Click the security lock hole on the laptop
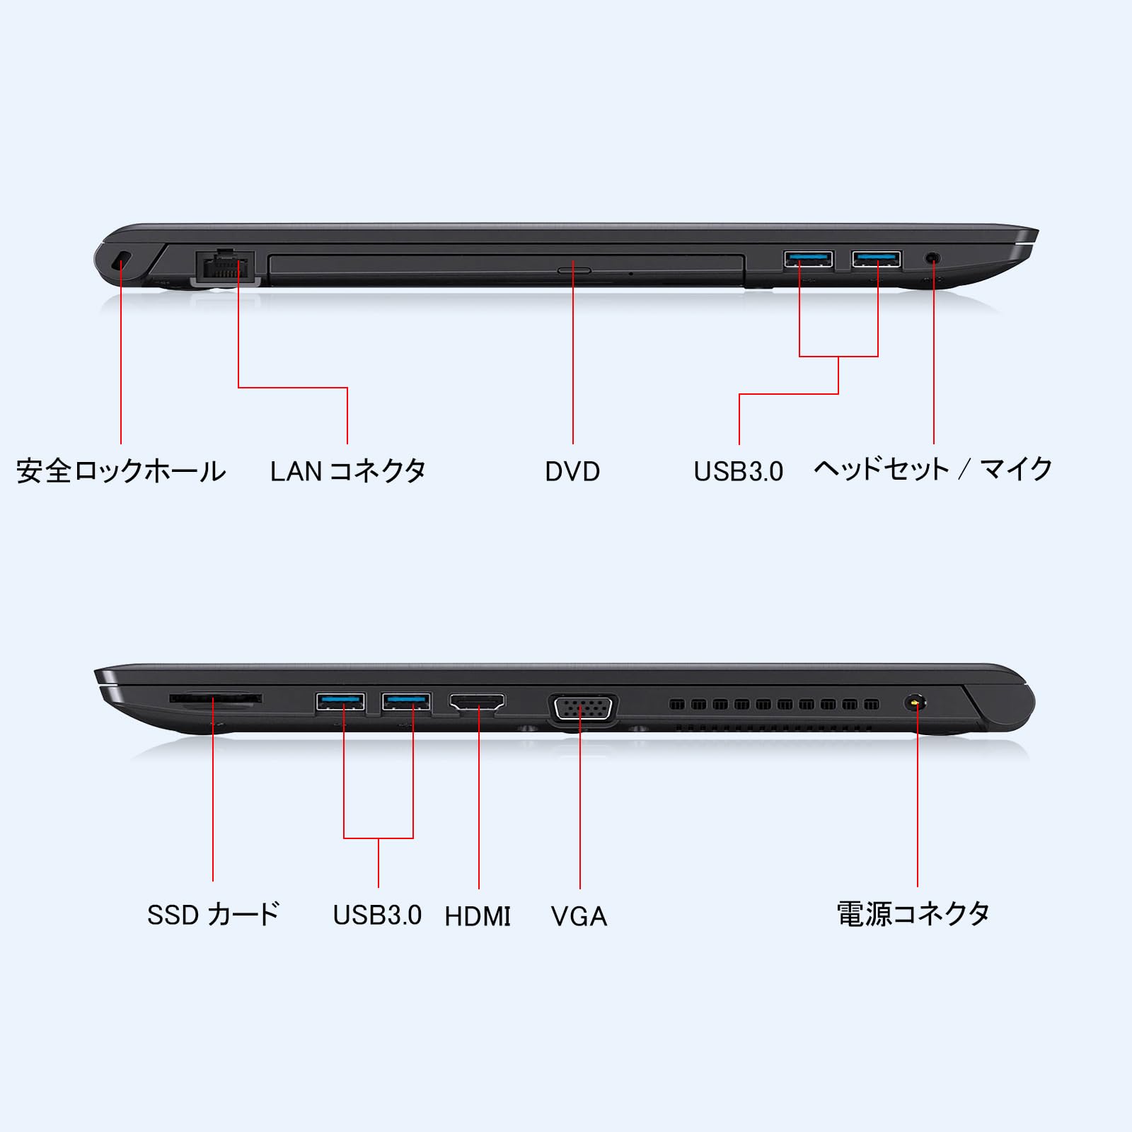tap(122, 260)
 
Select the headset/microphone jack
tap(933, 259)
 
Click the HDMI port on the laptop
tap(478, 703)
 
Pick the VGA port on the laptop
tap(582, 710)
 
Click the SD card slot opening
tap(215, 699)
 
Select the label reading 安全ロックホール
tap(121, 471)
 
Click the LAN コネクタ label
tap(348, 471)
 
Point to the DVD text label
tap(572, 472)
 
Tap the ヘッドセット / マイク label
tap(933, 470)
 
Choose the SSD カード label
tap(213, 915)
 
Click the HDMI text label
tap(478, 916)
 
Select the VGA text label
tap(579, 916)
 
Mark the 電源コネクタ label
tap(913, 914)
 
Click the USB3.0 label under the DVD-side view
tap(738, 472)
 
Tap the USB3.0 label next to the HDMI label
tap(377, 916)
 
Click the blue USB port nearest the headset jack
tap(877, 260)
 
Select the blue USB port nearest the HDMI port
tap(406, 702)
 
